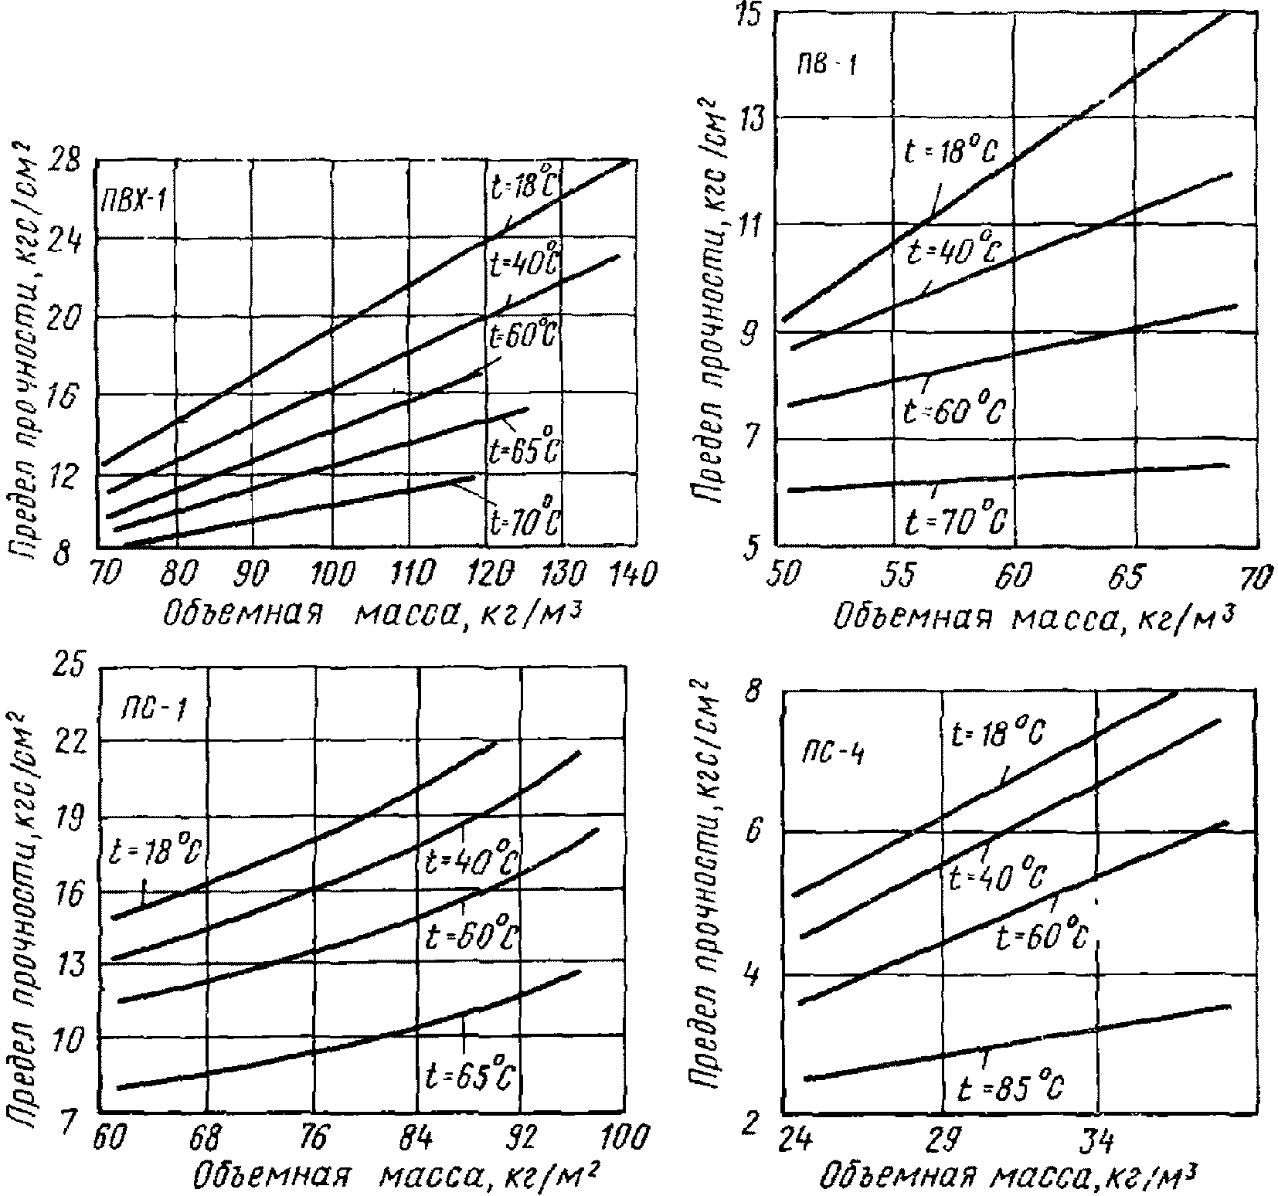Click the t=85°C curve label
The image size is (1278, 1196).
pos(1010,1089)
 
